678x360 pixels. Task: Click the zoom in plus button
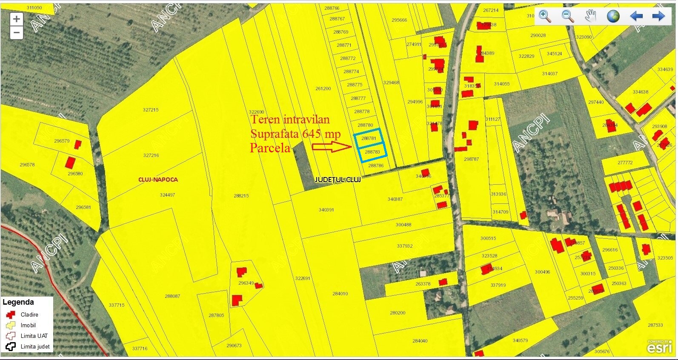(x=16, y=19)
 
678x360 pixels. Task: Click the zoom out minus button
(x=16, y=33)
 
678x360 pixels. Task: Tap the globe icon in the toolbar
(x=613, y=16)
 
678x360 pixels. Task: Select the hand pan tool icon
(x=590, y=16)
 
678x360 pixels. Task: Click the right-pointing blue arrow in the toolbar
(x=658, y=16)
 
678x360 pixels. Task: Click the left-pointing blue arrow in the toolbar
(x=636, y=16)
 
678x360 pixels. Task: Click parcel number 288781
(x=369, y=138)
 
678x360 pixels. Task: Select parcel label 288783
(x=372, y=152)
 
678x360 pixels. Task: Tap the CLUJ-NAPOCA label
(x=158, y=180)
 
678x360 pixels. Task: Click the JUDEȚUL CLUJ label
(x=338, y=180)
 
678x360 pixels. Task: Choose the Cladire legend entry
(x=29, y=314)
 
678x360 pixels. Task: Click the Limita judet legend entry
(x=35, y=346)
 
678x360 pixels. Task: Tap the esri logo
(x=660, y=347)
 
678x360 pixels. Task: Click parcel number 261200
(x=323, y=89)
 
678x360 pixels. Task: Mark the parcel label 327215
(x=151, y=110)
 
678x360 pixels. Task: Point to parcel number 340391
(x=326, y=210)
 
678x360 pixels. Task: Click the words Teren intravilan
(x=290, y=120)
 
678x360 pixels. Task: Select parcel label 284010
(x=340, y=294)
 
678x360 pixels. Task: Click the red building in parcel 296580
(x=70, y=162)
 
